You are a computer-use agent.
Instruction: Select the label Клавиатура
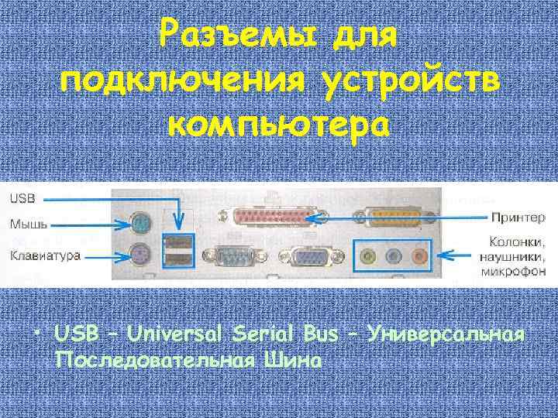tap(44, 255)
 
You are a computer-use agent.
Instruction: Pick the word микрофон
tap(513, 272)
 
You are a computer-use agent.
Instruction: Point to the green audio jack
tap(370, 254)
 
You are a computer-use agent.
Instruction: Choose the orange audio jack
tap(419, 254)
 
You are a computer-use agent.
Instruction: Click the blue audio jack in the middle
tap(395, 254)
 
